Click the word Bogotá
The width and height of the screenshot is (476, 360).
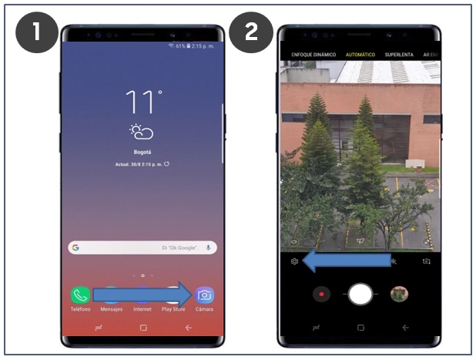click(142, 152)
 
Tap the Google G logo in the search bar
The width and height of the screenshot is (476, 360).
click(75, 247)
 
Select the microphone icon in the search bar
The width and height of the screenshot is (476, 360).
click(208, 247)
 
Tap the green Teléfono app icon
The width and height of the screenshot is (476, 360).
click(80, 295)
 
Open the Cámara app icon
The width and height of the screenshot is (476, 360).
click(204, 295)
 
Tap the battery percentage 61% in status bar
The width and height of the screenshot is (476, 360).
click(183, 46)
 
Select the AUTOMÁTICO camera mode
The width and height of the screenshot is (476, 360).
click(360, 56)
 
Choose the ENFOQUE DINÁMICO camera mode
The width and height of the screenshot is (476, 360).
click(313, 56)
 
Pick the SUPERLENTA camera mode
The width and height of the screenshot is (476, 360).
click(400, 56)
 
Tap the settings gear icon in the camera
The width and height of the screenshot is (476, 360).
click(294, 261)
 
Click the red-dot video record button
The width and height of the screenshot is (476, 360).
click(323, 294)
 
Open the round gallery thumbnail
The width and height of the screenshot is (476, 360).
click(398, 294)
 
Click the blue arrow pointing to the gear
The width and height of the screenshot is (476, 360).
click(347, 261)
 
